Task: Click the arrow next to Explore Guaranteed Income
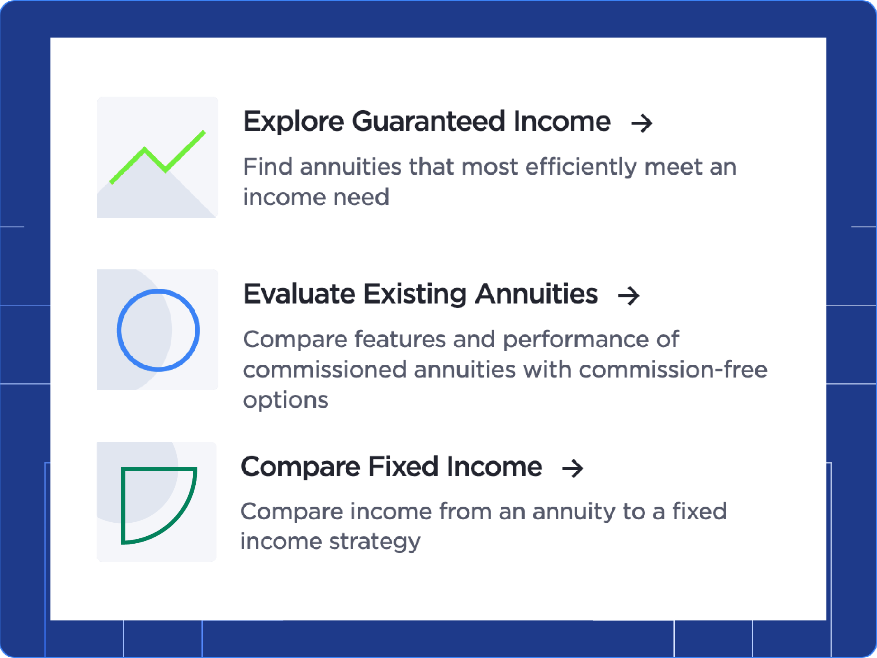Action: [641, 123]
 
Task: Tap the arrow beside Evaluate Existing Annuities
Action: [629, 296]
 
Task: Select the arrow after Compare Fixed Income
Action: [573, 468]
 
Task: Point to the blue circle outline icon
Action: [158, 330]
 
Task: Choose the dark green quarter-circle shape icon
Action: [158, 505]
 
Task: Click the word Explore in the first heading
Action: [293, 122]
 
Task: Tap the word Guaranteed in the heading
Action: [428, 122]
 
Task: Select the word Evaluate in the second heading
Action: [299, 294]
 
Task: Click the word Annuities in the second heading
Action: [536, 294]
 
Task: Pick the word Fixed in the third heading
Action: [403, 467]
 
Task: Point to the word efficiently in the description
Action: [581, 167]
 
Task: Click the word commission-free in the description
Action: [673, 370]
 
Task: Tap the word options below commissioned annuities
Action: [285, 401]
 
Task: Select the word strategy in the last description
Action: [375, 542]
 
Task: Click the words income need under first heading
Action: [316, 197]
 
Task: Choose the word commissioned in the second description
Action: [324, 370]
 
